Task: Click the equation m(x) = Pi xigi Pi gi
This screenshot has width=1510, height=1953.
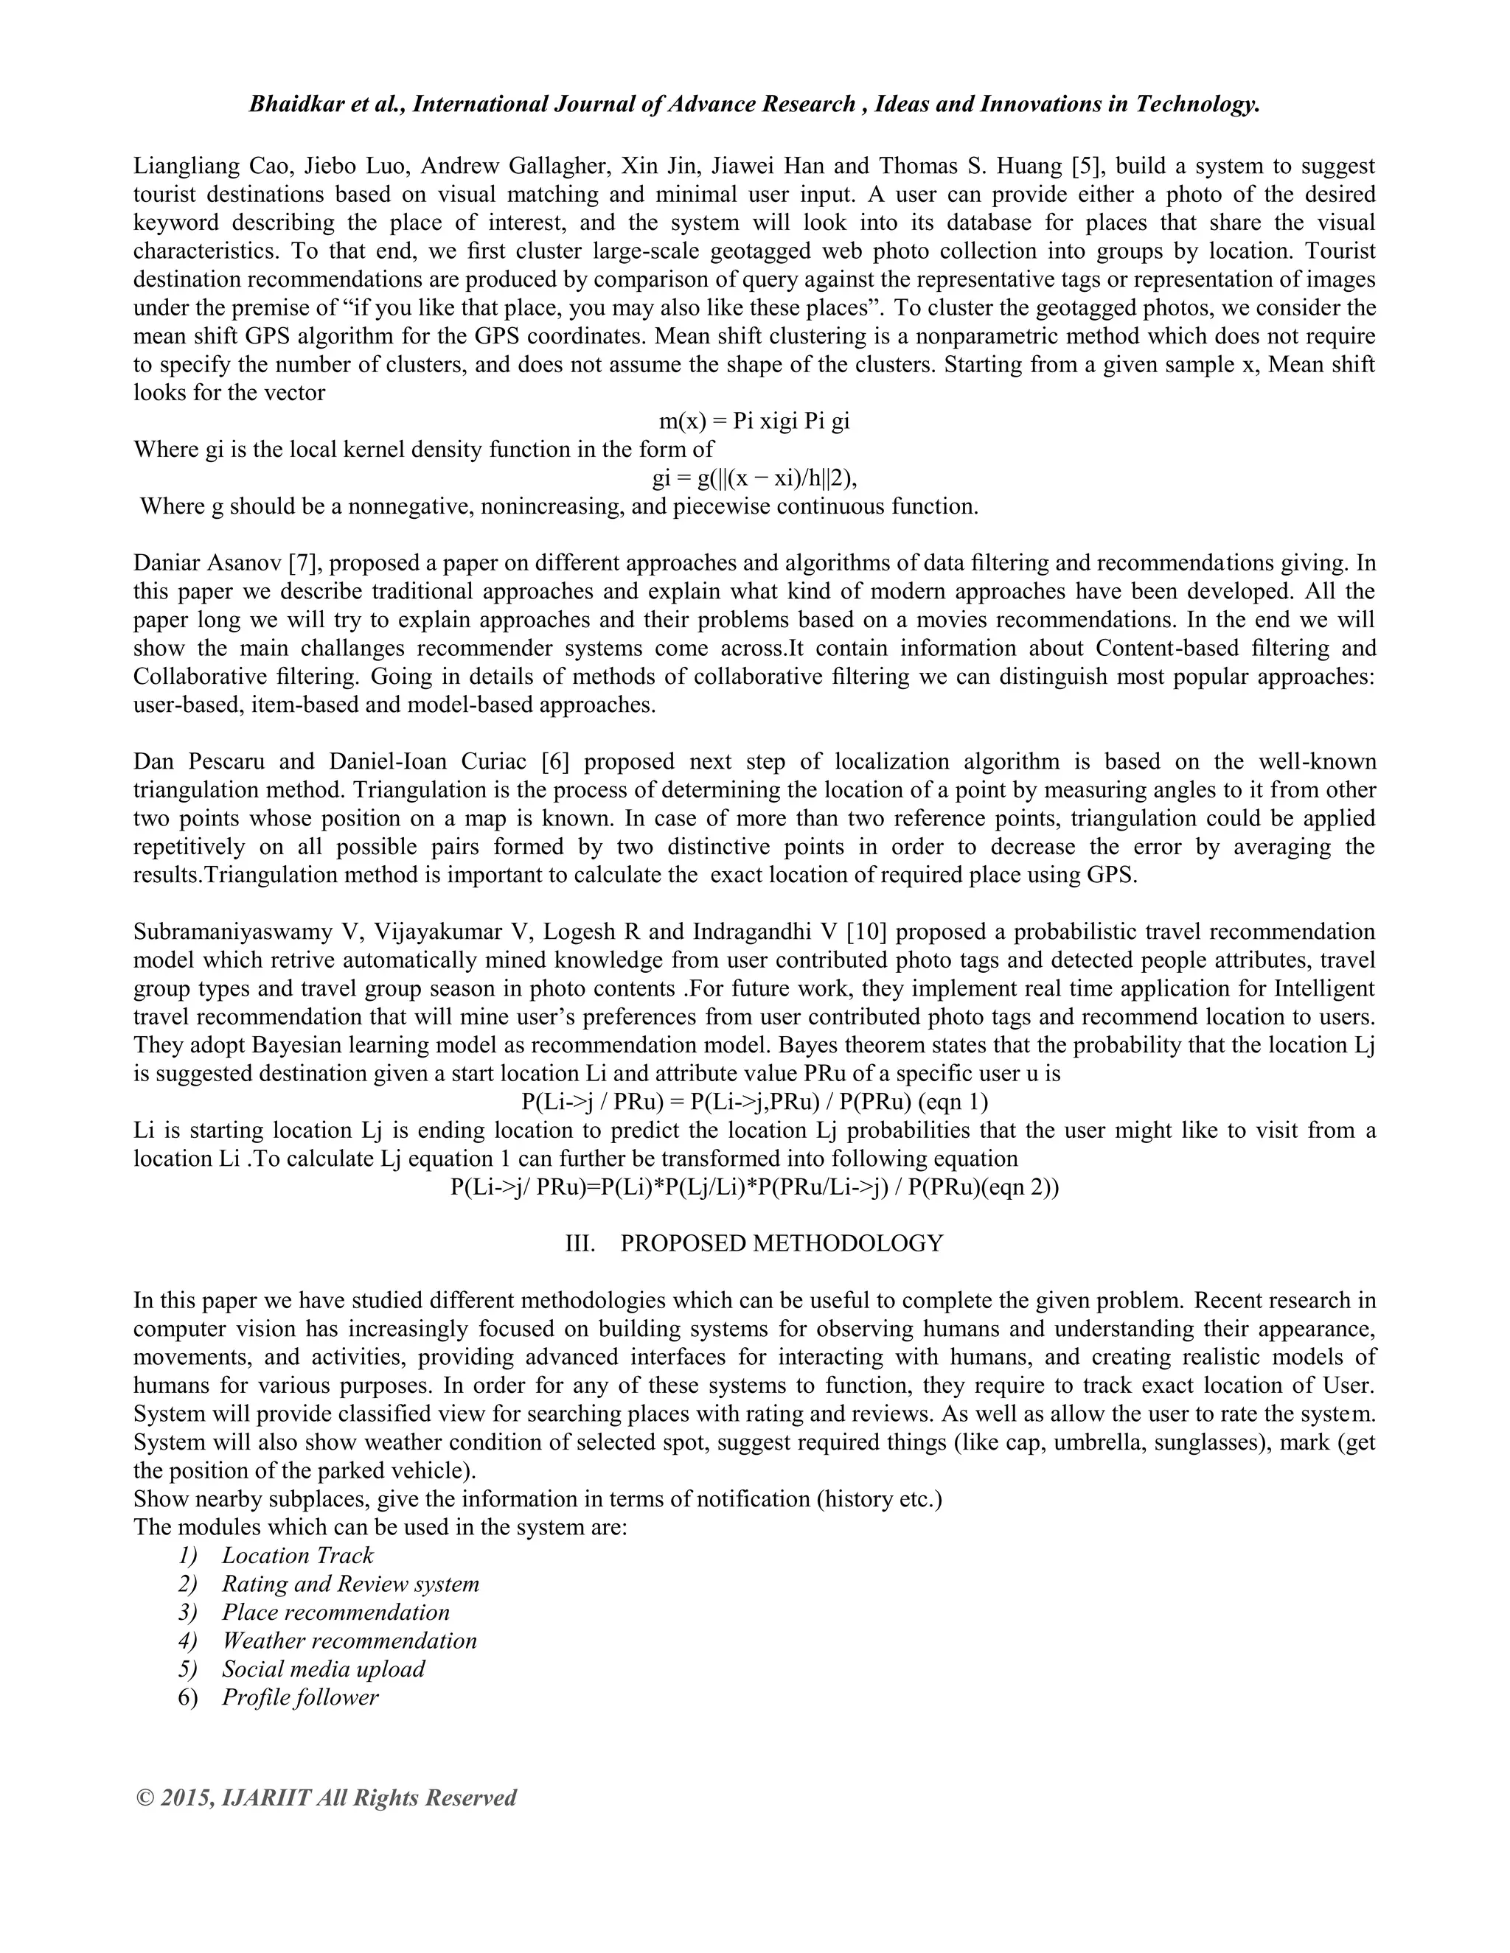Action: coord(754,420)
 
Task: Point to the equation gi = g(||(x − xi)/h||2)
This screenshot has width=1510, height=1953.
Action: coord(754,478)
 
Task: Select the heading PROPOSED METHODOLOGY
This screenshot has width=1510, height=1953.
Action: coord(781,1244)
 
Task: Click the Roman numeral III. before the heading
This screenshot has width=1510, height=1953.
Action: coord(580,1244)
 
